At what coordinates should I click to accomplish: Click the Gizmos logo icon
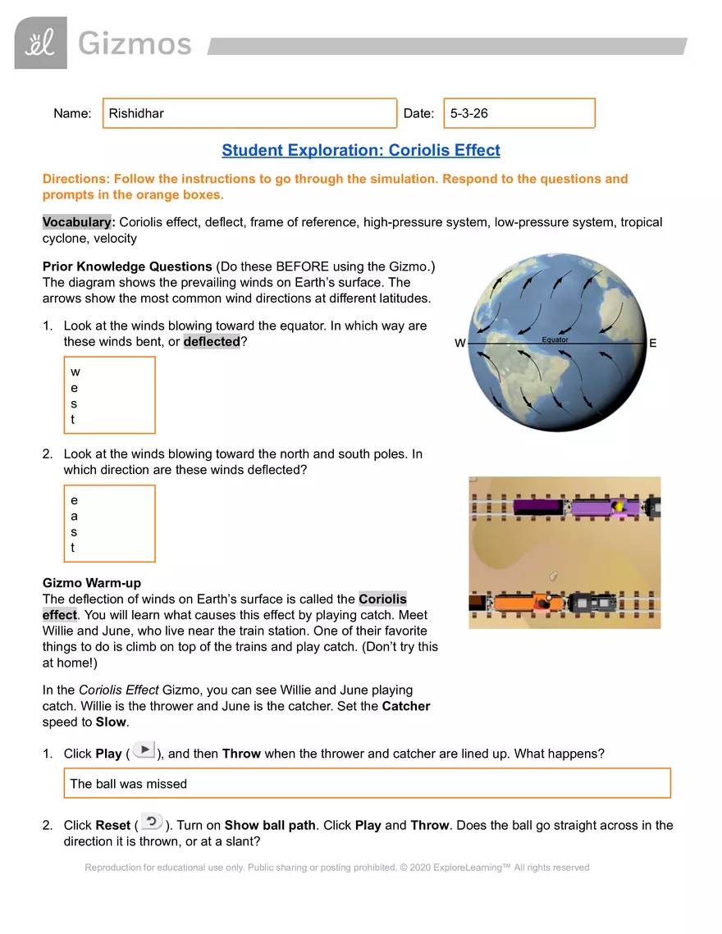click(40, 43)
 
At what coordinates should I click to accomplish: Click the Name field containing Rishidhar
click(249, 113)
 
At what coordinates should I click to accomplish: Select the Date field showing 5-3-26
click(519, 113)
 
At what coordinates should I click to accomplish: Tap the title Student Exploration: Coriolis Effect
click(360, 150)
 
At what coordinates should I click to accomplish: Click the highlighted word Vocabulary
click(77, 222)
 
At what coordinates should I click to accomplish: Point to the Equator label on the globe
click(555, 339)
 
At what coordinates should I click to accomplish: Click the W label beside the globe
click(461, 344)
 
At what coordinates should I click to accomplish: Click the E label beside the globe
click(652, 344)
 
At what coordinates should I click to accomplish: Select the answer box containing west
click(109, 395)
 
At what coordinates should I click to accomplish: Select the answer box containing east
click(109, 523)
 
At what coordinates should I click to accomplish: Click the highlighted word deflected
click(212, 341)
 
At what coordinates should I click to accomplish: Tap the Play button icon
click(144, 749)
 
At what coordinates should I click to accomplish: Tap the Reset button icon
click(151, 821)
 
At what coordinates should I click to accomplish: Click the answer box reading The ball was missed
click(367, 783)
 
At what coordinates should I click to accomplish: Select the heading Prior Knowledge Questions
click(127, 267)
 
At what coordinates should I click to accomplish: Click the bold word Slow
click(112, 722)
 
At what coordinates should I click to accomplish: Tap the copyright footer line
click(337, 867)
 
